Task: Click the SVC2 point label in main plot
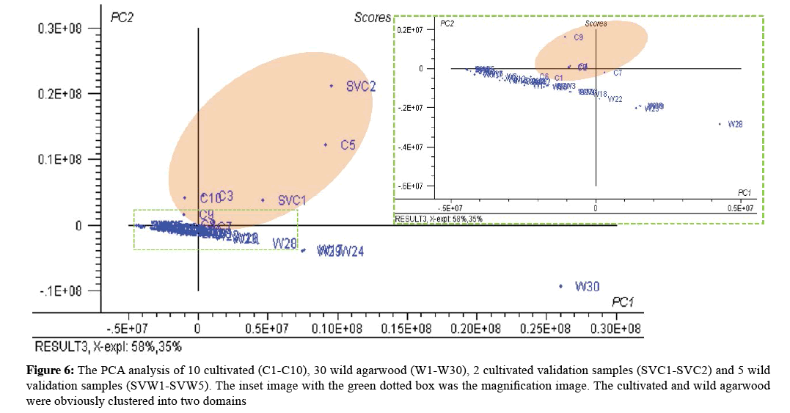[x=361, y=86]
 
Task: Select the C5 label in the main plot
[x=348, y=145]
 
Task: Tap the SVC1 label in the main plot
[x=292, y=200]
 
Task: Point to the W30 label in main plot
[x=587, y=286]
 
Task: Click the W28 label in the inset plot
[x=735, y=125]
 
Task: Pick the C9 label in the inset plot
[x=578, y=37]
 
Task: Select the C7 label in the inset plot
[x=618, y=73]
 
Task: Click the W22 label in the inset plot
[x=615, y=99]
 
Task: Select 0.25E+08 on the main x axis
[x=546, y=329]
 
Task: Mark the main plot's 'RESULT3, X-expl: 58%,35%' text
[x=109, y=346]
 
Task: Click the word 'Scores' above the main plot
[x=373, y=17]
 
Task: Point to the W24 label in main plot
[x=351, y=252]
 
